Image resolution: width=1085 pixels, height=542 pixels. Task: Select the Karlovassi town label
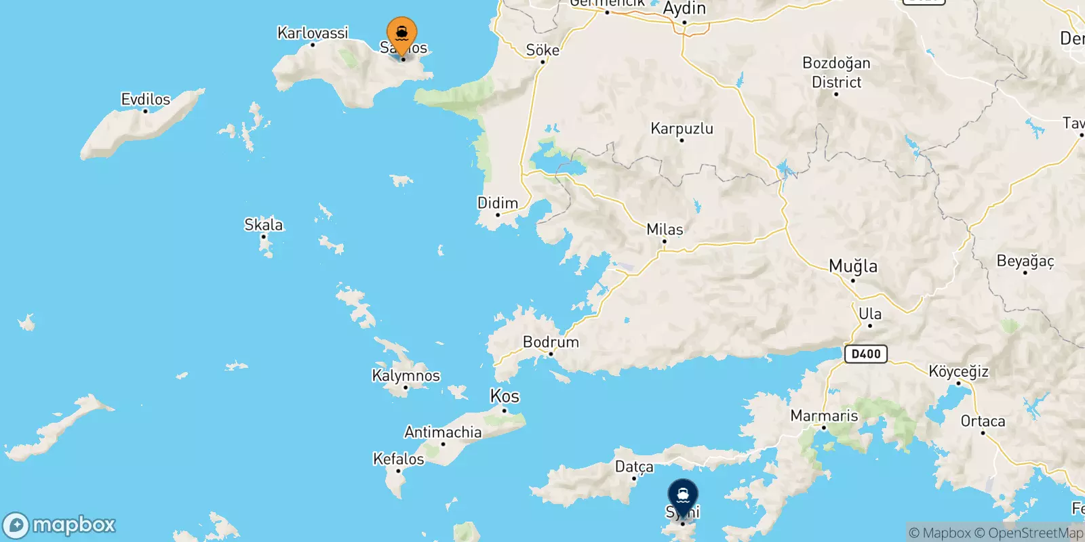pyautogui.click(x=313, y=33)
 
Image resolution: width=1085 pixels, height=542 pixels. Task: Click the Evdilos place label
pyautogui.click(x=145, y=100)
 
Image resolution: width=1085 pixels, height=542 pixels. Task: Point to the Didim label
pyautogui.click(x=498, y=203)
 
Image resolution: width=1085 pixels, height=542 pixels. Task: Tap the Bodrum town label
pyautogui.click(x=551, y=342)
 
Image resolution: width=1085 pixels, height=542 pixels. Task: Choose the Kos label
pyautogui.click(x=505, y=396)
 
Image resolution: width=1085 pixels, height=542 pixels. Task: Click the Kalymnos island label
pyautogui.click(x=406, y=375)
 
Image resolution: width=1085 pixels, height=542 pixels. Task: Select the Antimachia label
pyautogui.click(x=443, y=432)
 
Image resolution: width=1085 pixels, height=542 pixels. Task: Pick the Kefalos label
pyautogui.click(x=399, y=459)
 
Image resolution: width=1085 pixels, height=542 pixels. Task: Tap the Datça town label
pyautogui.click(x=634, y=467)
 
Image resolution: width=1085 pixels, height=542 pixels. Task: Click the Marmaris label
pyautogui.click(x=824, y=415)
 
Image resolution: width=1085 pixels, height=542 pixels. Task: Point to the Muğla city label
pyautogui.click(x=853, y=266)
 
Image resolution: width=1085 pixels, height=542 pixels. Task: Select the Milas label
pyautogui.click(x=665, y=230)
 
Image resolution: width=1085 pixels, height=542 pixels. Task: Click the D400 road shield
pyautogui.click(x=866, y=354)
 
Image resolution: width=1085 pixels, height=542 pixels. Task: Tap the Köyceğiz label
pyautogui.click(x=958, y=371)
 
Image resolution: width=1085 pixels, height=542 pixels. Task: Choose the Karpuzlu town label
pyautogui.click(x=682, y=129)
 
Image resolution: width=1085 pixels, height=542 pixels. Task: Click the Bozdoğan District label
pyautogui.click(x=836, y=72)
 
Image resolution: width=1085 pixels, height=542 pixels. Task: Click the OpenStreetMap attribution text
pyautogui.click(x=1035, y=533)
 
